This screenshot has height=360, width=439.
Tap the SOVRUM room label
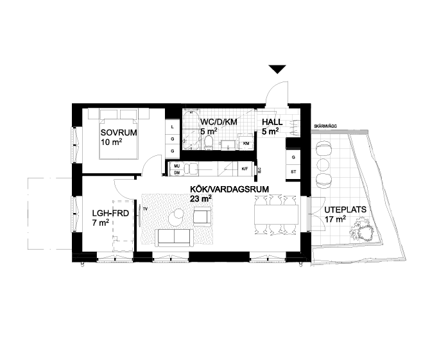(x=116, y=133)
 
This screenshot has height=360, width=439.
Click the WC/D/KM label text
(x=218, y=122)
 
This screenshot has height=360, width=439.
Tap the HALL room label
(x=270, y=122)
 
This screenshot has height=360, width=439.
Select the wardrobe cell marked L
(x=173, y=128)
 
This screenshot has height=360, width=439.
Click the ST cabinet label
(x=293, y=171)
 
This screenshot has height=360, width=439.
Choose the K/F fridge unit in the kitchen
(x=244, y=169)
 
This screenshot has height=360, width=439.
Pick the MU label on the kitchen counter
(x=176, y=166)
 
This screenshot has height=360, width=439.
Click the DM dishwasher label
(x=176, y=172)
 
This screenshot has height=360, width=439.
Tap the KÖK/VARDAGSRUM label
(x=228, y=189)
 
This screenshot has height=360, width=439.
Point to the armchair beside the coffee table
(x=202, y=217)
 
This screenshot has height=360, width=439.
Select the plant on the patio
(x=363, y=232)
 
